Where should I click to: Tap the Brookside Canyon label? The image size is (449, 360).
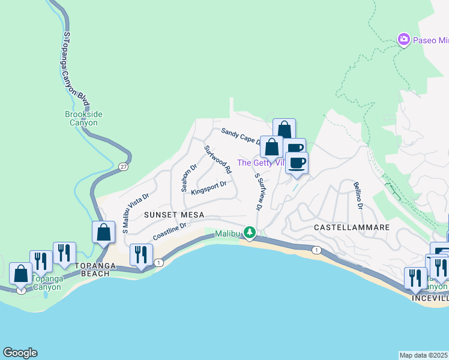click(81, 118)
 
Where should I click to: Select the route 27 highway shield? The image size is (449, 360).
click(123, 166)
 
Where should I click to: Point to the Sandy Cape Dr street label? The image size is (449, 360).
click(241, 137)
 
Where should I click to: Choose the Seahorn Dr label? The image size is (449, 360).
click(189, 178)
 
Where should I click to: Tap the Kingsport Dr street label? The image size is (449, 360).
click(208, 188)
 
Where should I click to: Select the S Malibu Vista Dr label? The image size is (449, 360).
click(135, 212)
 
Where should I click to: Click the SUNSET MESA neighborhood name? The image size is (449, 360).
click(174, 215)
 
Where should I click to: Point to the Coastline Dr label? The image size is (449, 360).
click(170, 232)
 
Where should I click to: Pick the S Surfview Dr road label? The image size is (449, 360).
click(259, 192)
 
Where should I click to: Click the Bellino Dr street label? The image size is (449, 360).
click(358, 196)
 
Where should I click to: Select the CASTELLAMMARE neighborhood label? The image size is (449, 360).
click(352, 228)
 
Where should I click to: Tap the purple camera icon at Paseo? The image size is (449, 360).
click(404, 40)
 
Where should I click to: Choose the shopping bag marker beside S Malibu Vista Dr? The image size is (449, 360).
click(104, 232)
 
